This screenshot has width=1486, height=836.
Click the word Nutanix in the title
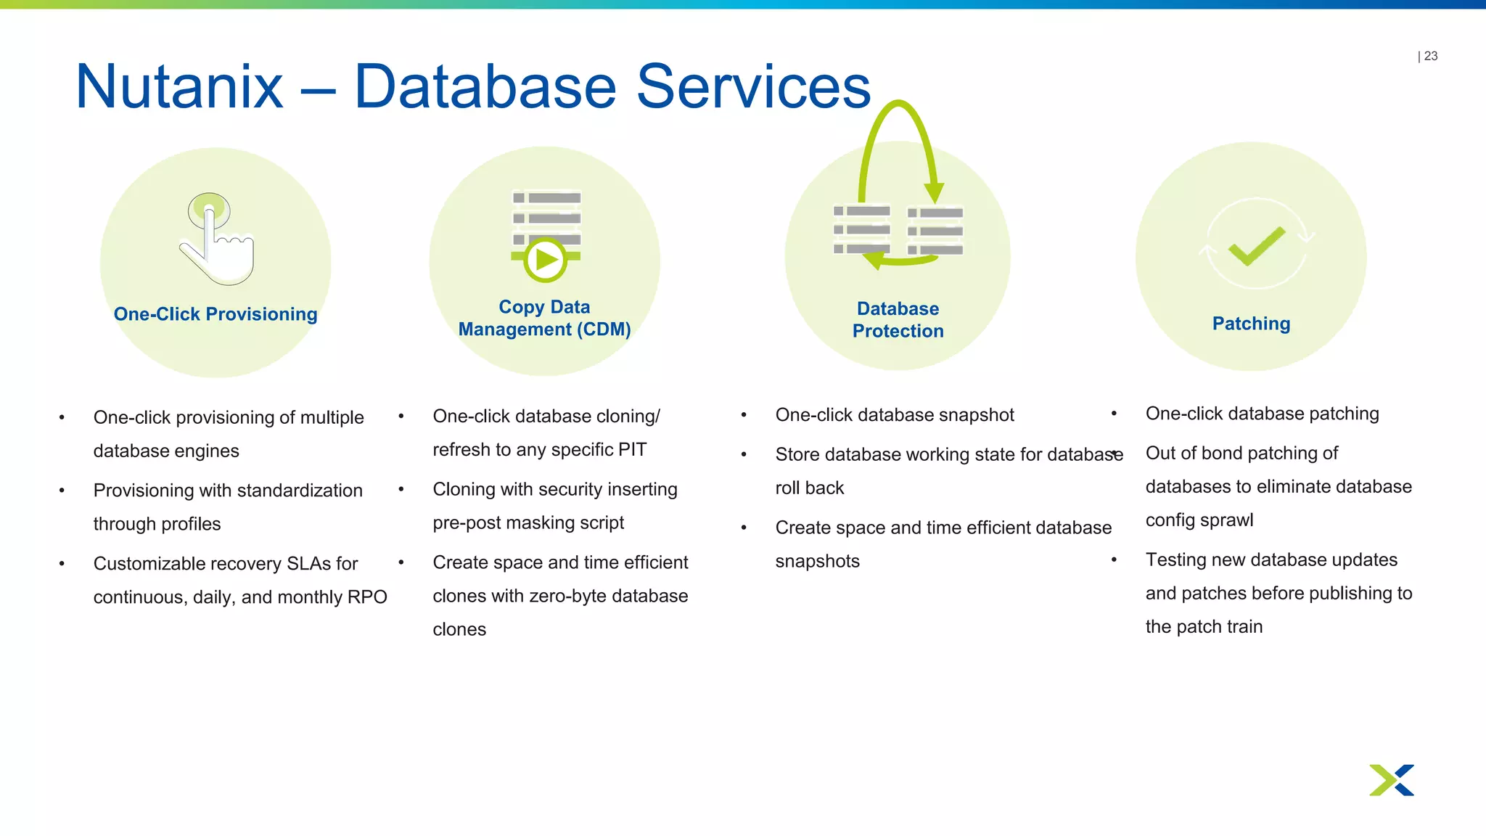[x=178, y=87]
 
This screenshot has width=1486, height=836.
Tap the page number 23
[x=1430, y=56]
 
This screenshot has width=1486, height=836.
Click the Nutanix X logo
[x=1392, y=780]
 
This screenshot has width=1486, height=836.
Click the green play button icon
[x=546, y=259]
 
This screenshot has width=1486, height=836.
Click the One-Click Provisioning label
[x=215, y=314]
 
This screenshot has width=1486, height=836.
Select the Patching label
[x=1251, y=324]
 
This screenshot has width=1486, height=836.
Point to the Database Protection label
[x=898, y=320]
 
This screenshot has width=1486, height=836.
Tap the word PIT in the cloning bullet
[x=632, y=450]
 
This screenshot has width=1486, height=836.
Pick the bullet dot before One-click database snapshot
[x=744, y=415]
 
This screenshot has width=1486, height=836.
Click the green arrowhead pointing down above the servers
[x=935, y=192]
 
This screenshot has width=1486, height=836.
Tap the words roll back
[x=809, y=488]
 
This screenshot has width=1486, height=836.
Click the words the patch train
[x=1204, y=627]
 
